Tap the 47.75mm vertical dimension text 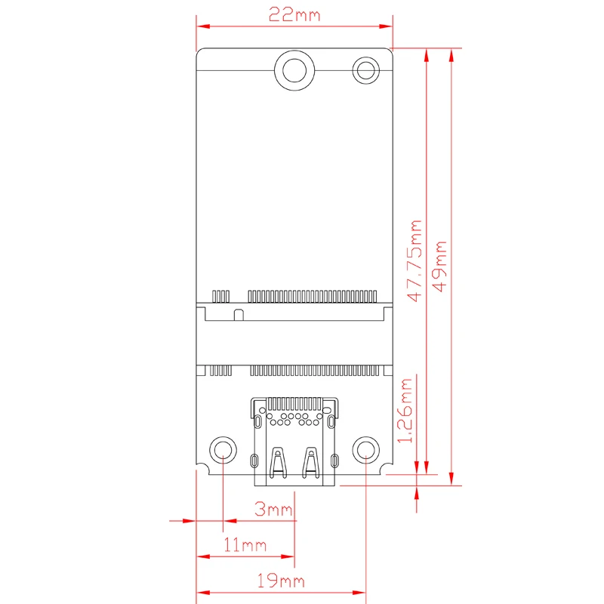point(413,260)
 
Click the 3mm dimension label point(273,510)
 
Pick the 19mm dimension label point(281,581)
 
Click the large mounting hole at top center point(294,70)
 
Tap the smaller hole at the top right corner point(367,71)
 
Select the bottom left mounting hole point(223,451)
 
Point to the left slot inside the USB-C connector point(278,464)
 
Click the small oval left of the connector point(254,460)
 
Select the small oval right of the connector point(334,460)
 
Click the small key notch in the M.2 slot point(239,313)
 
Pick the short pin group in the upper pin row point(220,294)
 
